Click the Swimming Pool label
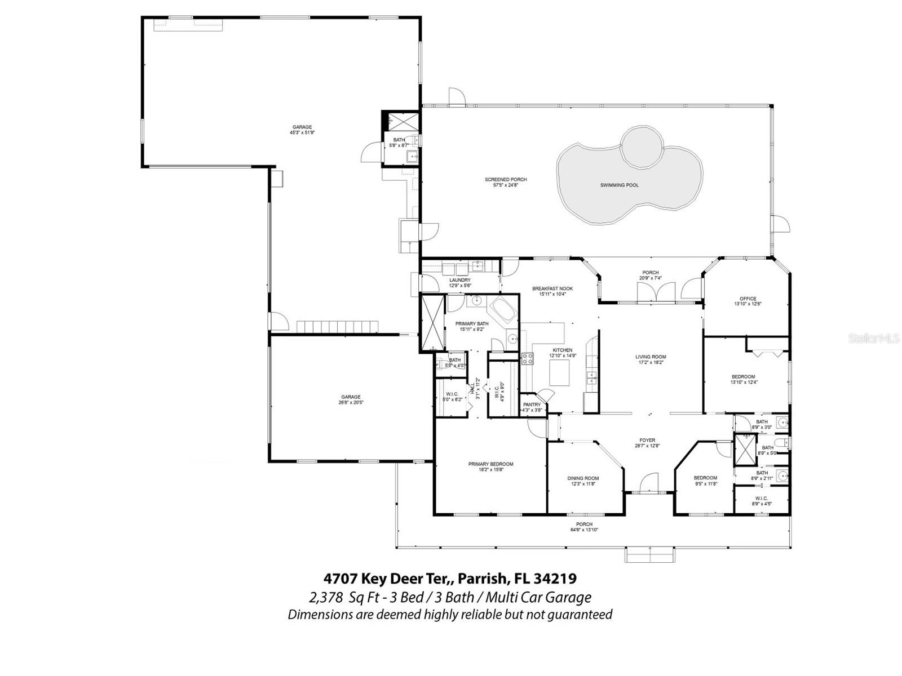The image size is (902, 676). [x=619, y=185]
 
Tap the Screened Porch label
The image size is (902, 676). [x=506, y=180]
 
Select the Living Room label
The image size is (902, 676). [x=651, y=357]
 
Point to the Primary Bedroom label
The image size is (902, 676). [x=490, y=464]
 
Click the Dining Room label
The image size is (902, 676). [x=583, y=478]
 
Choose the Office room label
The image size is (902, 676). [x=748, y=299]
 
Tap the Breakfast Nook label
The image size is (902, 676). [x=552, y=288]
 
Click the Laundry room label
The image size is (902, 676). [x=459, y=280]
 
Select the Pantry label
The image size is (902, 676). [x=532, y=404]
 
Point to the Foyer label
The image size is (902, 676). [x=647, y=441]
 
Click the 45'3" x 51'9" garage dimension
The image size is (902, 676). [x=302, y=133]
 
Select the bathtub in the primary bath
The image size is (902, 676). [x=502, y=310]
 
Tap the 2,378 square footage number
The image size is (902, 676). [x=324, y=597]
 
